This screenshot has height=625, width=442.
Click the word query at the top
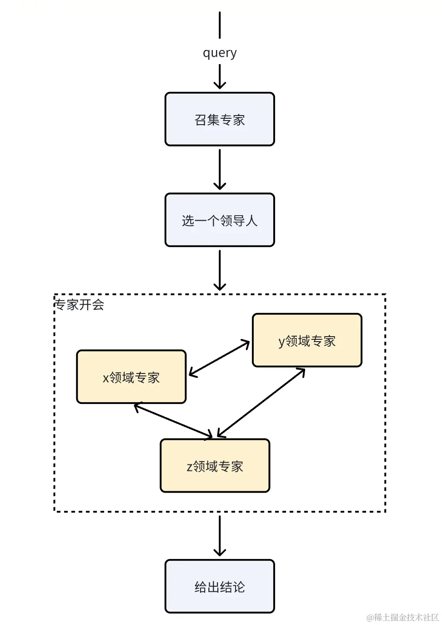point(220,53)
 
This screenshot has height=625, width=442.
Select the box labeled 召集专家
point(220,119)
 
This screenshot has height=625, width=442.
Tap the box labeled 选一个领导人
point(220,220)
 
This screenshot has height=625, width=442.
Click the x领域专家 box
point(131,377)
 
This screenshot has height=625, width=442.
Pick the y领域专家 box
point(307,340)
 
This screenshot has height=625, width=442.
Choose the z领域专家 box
point(215,466)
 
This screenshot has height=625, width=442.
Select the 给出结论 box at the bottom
point(220,587)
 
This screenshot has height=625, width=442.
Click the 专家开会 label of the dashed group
point(80,304)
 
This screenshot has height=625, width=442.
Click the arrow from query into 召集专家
point(220,76)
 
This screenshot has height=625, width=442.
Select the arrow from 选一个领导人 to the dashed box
point(220,270)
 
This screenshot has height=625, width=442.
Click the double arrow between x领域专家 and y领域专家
point(219,358)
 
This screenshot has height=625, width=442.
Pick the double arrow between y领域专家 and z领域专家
point(261,403)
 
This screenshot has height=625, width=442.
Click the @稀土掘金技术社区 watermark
point(402,617)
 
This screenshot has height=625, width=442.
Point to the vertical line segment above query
point(220,25)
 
